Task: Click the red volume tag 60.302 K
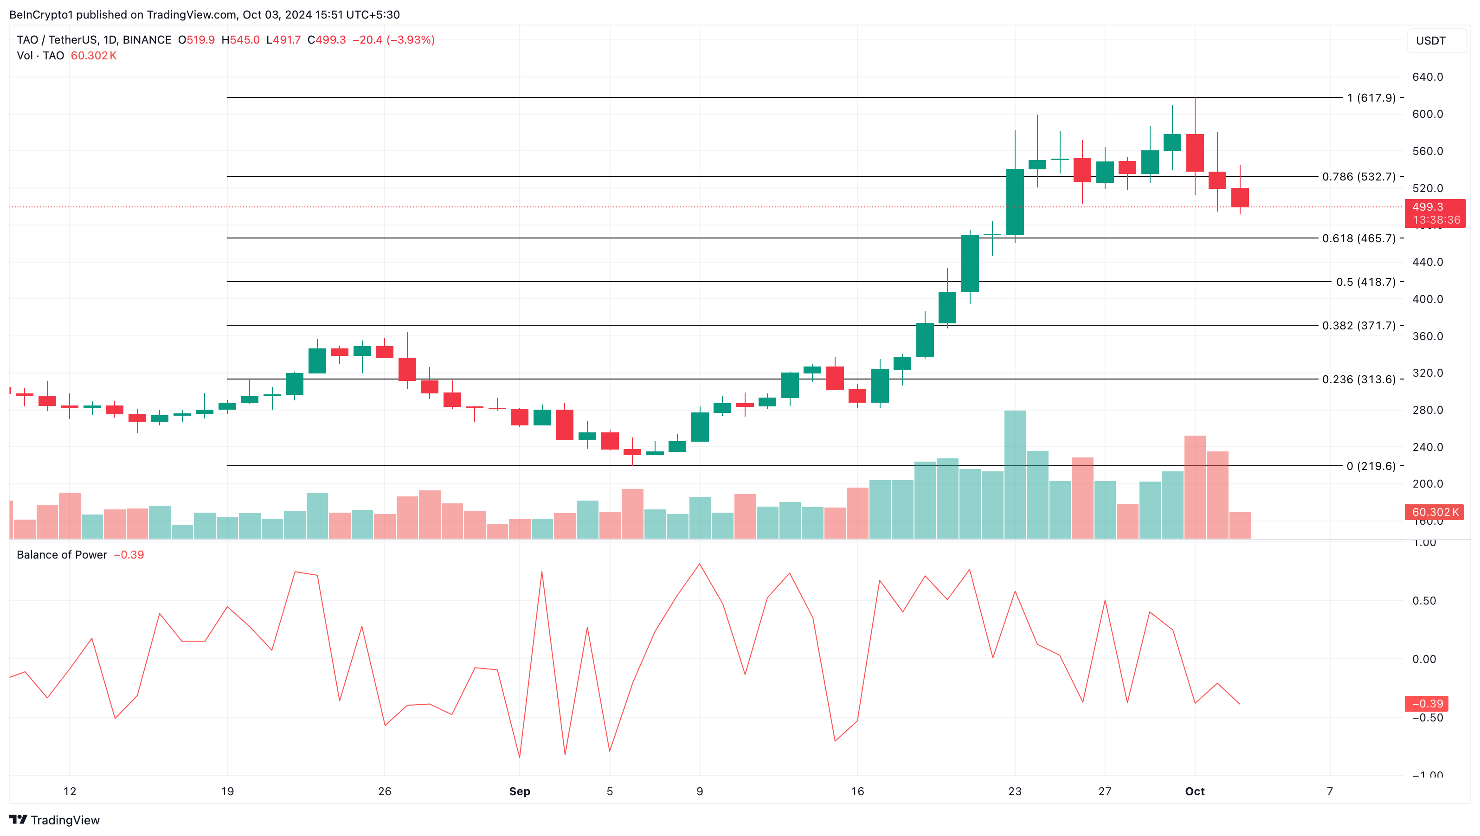click(x=1434, y=512)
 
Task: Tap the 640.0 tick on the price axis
click(x=1427, y=77)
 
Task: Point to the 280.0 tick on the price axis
click(x=1427, y=410)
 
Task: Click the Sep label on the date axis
click(x=519, y=791)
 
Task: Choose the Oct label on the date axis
click(x=1195, y=791)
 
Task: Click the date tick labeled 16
click(x=857, y=791)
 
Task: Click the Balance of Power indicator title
click(x=62, y=554)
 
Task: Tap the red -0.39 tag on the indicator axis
click(x=1427, y=703)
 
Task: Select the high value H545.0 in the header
click(x=241, y=39)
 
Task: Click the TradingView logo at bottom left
click(x=55, y=820)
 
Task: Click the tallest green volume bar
click(x=1015, y=474)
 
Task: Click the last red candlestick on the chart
click(x=1240, y=197)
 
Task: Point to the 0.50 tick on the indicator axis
click(x=1424, y=600)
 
